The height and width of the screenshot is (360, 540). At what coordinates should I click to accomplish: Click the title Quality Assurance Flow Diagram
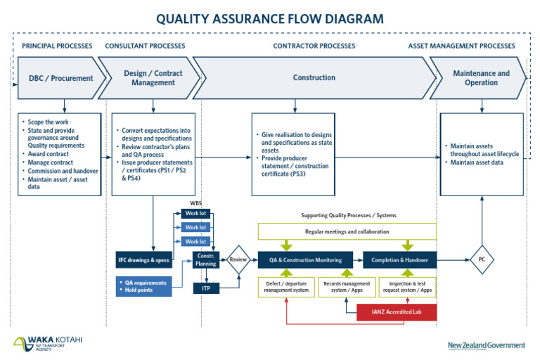[270, 19]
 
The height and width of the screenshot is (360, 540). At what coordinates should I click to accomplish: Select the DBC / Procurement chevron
[60, 78]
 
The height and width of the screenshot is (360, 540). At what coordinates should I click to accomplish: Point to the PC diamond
[482, 259]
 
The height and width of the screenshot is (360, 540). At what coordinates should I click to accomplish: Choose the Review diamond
[238, 259]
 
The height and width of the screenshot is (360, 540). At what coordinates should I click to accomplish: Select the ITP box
[206, 288]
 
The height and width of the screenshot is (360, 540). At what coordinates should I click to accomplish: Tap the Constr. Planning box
[206, 259]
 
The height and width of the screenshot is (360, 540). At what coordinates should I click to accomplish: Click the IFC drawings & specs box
[143, 260]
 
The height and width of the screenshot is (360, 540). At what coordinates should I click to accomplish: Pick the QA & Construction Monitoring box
[307, 260]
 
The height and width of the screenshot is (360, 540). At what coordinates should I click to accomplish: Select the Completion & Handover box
[399, 260]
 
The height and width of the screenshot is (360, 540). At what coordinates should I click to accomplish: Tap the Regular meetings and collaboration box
[347, 231]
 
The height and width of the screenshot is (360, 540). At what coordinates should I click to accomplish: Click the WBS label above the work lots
[195, 203]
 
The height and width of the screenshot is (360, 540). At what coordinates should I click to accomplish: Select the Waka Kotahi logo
[48, 344]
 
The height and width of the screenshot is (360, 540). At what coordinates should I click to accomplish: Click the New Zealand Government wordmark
[486, 345]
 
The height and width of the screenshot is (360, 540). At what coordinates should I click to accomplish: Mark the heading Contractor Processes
[314, 46]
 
